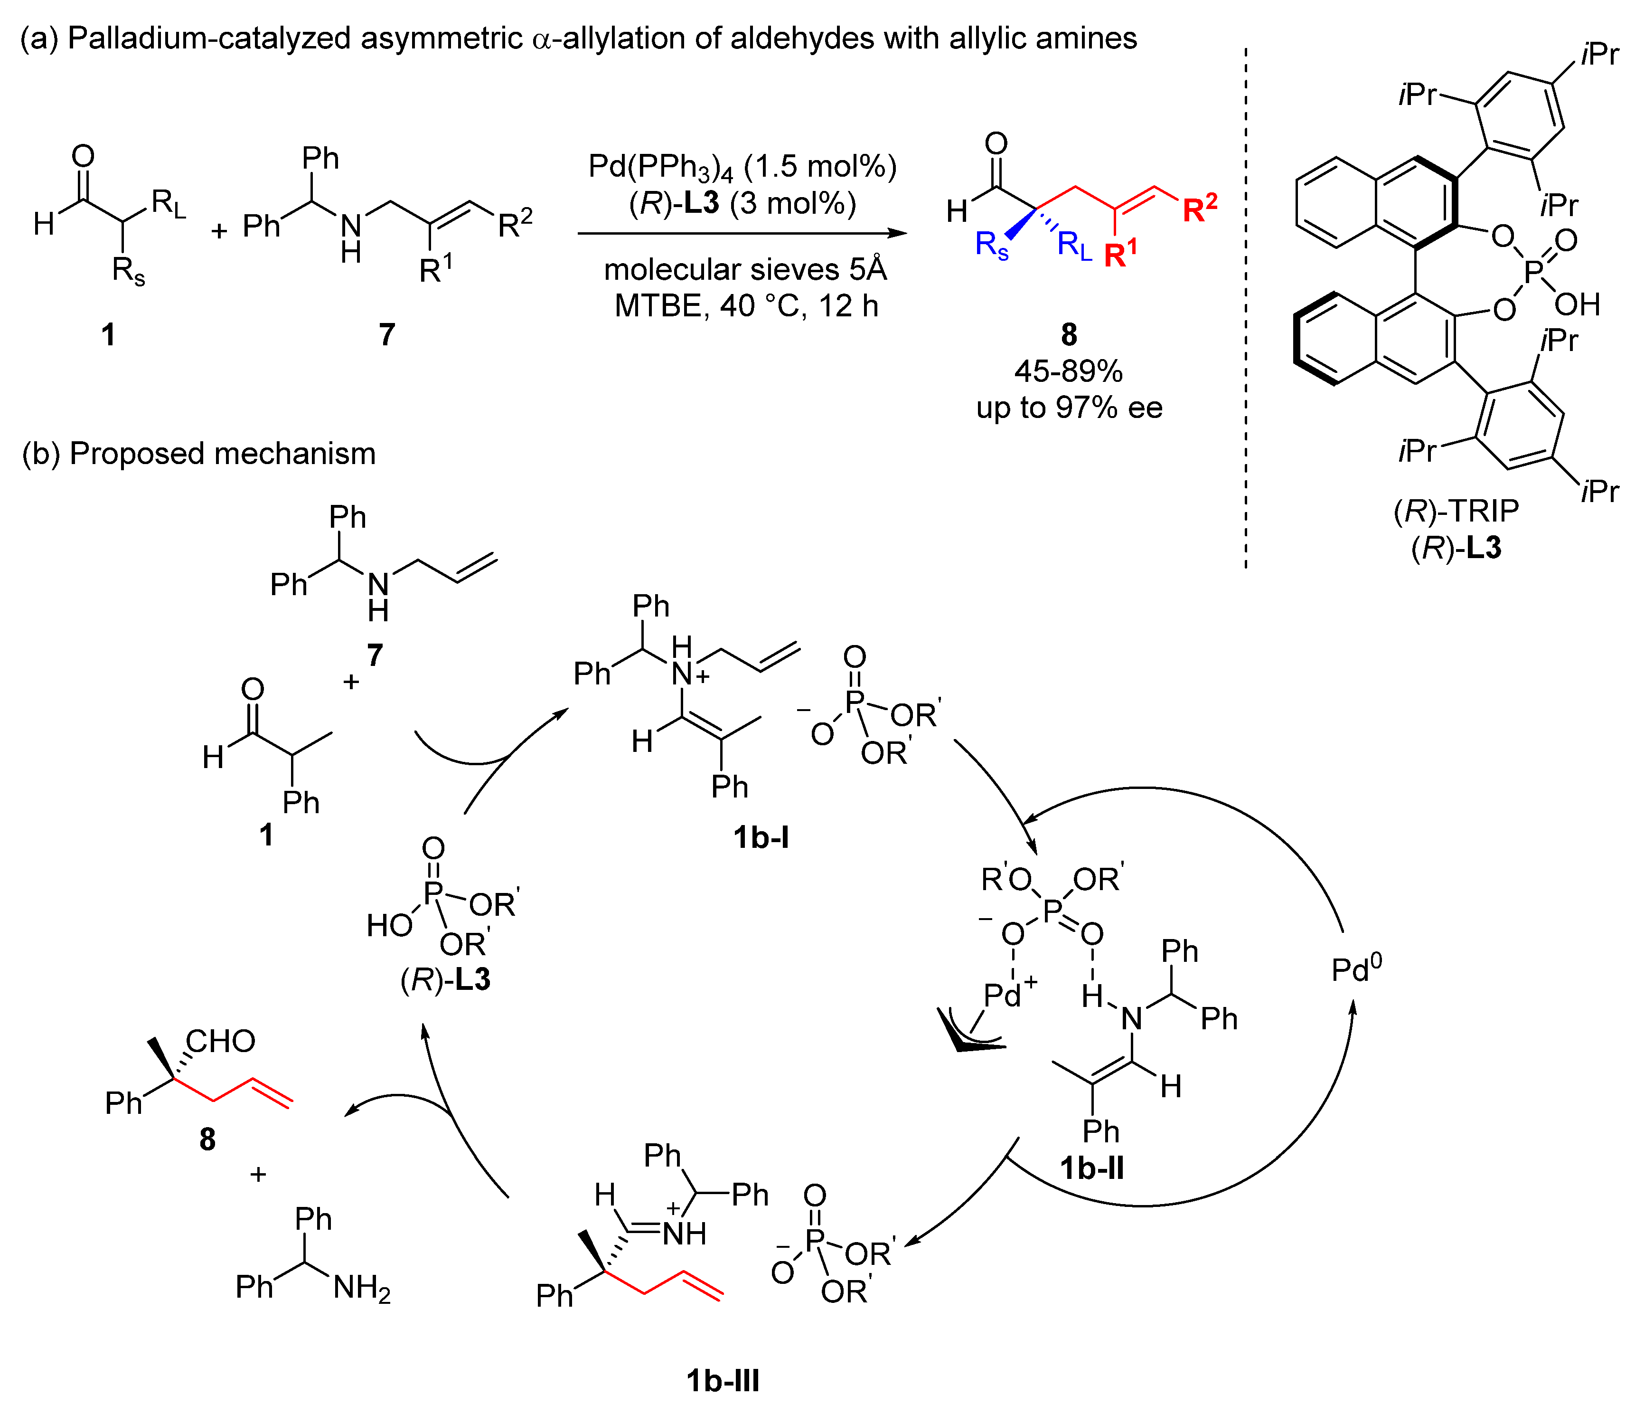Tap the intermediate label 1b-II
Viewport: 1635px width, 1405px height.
click(x=1091, y=1168)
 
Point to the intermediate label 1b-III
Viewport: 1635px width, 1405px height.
click(x=723, y=1380)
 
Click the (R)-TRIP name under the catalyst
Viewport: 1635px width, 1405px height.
click(x=1456, y=512)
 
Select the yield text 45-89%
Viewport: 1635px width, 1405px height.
click(x=1069, y=371)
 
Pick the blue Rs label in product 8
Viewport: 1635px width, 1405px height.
click(x=992, y=246)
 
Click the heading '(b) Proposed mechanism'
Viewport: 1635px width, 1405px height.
click(x=199, y=454)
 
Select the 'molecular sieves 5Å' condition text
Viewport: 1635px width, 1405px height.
click(x=745, y=269)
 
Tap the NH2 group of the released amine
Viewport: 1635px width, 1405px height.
click(x=361, y=1288)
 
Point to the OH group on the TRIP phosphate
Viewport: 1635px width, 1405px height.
click(x=1577, y=304)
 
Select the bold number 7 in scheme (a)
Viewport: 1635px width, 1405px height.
click(x=386, y=335)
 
